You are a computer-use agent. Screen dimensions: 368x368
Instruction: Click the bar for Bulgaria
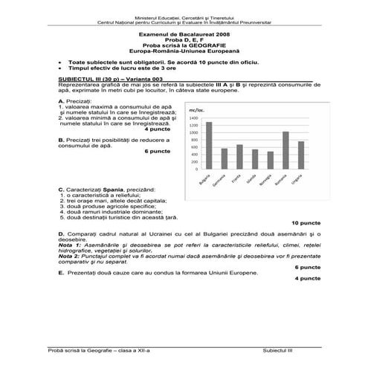(x=209, y=146)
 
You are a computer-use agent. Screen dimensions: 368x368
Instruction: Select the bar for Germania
(x=225, y=159)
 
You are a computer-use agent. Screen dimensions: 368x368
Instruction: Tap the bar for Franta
(x=239, y=157)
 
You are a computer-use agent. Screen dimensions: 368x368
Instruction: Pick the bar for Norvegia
(x=271, y=161)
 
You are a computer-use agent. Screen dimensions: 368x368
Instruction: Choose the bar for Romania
(x=285, y=151)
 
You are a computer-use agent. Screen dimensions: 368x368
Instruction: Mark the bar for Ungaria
(x=301, y=155)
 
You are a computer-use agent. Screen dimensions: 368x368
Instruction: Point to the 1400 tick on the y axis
(x=195, y=117)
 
